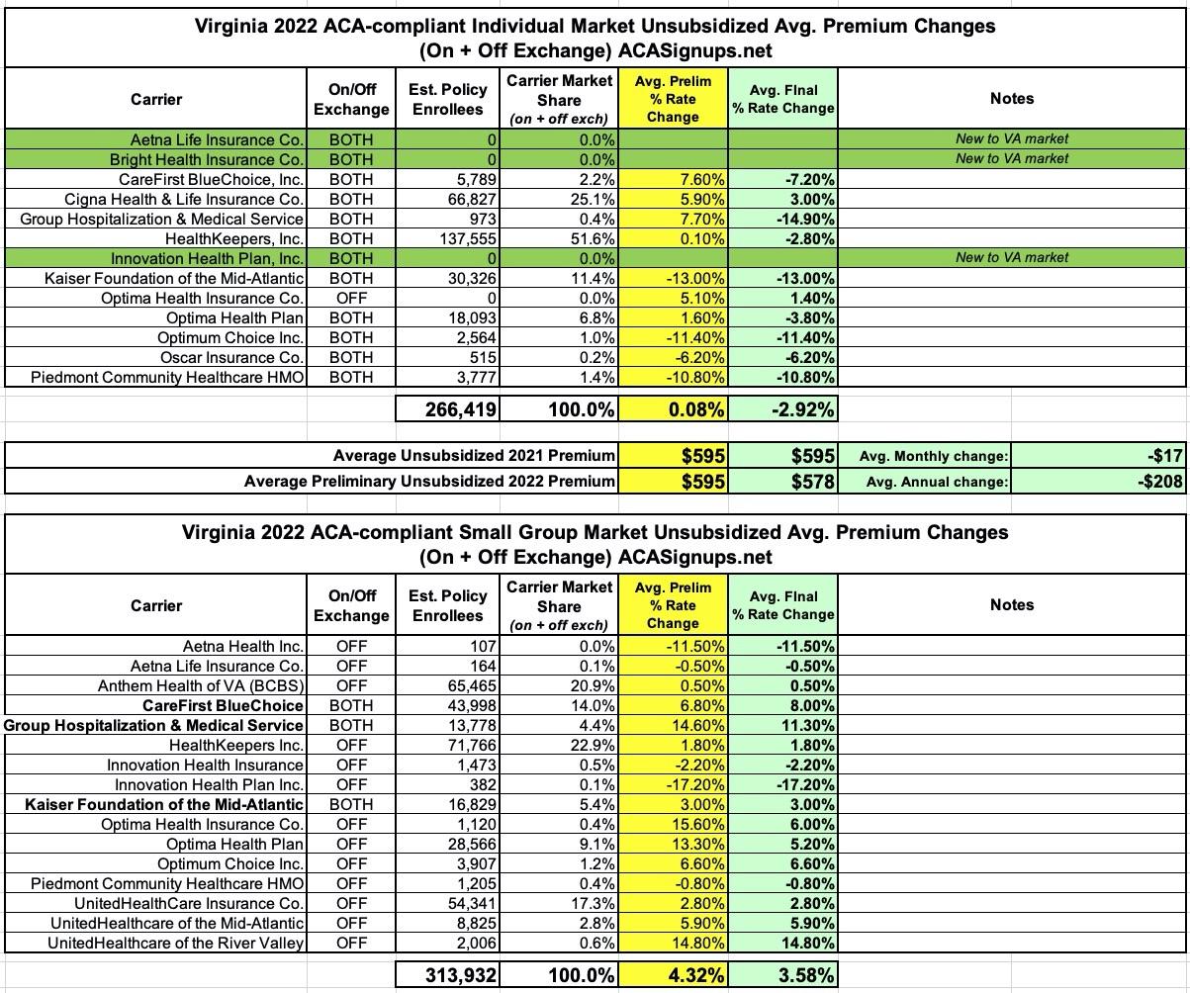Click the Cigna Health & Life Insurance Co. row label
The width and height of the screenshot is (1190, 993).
[183, 199]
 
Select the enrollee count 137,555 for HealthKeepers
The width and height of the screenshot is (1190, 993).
[464, 238]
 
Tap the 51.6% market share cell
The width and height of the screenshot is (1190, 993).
[591, 238]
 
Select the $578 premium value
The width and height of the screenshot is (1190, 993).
[811, 482]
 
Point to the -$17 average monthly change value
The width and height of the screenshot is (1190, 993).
[1166, 456]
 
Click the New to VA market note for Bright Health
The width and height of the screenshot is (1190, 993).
[1011, 159]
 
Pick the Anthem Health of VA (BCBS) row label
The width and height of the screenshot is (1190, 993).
[200, 685]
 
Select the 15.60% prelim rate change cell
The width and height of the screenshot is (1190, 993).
[695, 824]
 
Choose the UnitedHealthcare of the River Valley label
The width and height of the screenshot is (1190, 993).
[175, 943]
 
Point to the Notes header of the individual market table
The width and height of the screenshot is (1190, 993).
[1011, 98]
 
